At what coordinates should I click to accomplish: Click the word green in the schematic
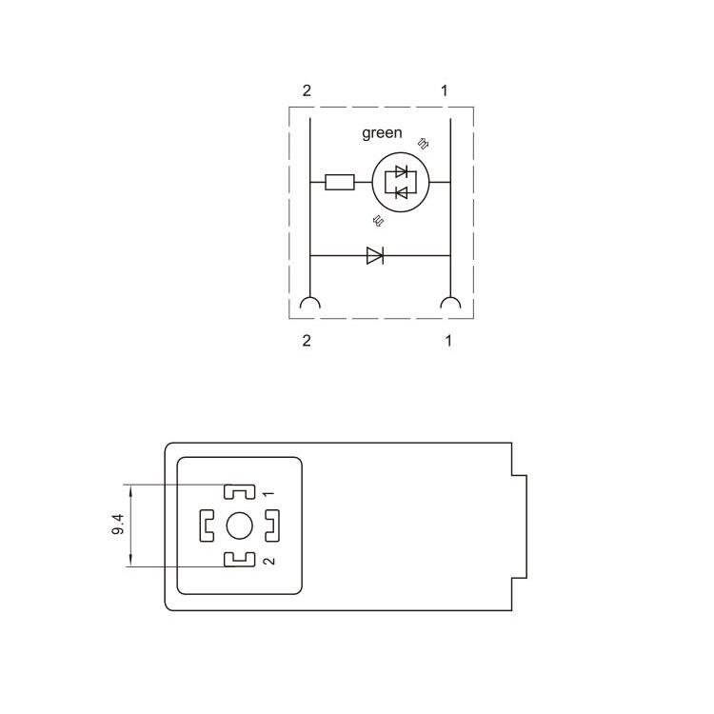(382, 133)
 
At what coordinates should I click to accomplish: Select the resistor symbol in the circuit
(340, 182)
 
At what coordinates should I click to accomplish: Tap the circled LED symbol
(401, 182)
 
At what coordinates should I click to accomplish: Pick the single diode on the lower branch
(375, 255)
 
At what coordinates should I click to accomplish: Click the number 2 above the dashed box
(307, 90)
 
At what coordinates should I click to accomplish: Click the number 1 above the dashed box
(445, 90)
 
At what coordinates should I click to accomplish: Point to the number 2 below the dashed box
(307, 340)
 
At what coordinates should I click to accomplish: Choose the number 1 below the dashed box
(448, 340)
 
